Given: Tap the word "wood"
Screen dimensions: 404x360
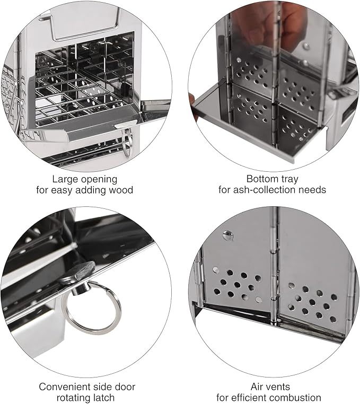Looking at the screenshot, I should (120, 190).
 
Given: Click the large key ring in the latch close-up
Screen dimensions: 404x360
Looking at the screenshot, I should (91, 308).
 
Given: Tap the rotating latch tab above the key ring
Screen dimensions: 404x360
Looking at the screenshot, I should (78, 271).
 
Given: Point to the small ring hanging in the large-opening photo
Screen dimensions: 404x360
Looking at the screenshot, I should (127, 144).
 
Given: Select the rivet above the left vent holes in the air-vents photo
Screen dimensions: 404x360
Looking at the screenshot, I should (227, 235).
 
